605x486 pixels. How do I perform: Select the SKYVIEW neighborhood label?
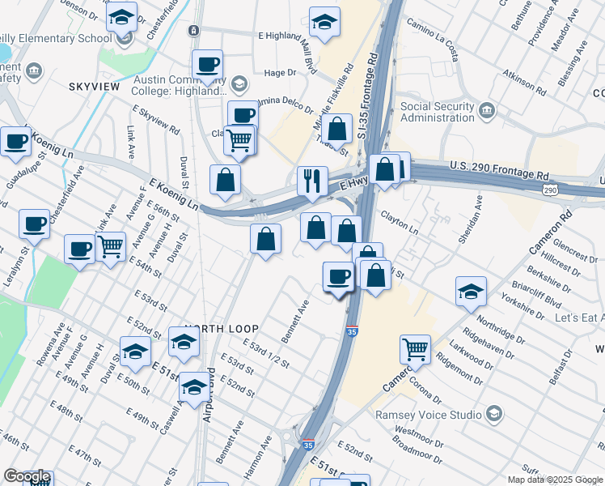click(x=95, y=86)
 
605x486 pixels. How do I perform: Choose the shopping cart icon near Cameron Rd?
click(x=415, y=349)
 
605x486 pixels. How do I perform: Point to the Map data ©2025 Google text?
click(x=556, y=480)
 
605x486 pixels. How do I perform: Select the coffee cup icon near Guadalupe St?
click(x=16, y=143)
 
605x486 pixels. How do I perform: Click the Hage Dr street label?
click(x=281, y=73)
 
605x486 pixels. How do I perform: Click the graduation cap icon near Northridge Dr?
click(x=471, y=292)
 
